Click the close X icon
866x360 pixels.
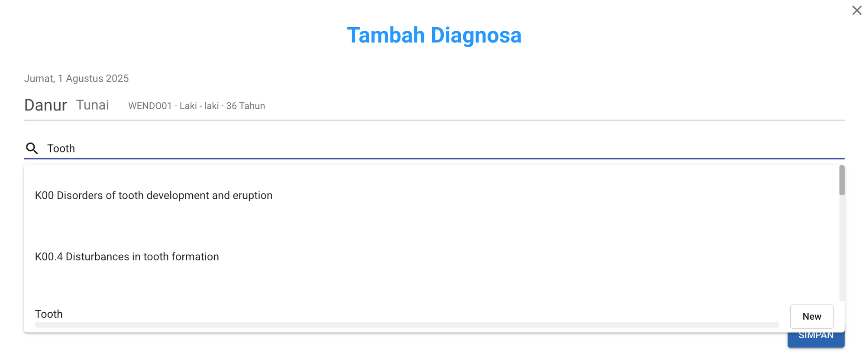pos(856,10)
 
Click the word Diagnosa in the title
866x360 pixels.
pos(476,35)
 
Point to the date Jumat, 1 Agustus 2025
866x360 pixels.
pos(76,78)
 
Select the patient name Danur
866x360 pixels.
pos(45,105)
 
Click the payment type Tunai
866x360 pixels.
pos(93,105)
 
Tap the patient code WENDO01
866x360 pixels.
pos(150,106)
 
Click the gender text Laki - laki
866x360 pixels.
pos(199,106)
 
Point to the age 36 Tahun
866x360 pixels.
pos(246,106)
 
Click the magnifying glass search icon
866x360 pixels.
pos(32,149)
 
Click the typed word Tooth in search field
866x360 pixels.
pos(61,149)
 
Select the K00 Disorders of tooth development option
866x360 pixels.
pos(154,195)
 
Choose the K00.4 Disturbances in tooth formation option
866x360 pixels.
pos(127,256)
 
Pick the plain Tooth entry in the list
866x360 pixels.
pos(49,314)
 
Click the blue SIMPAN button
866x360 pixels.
pos(816,340)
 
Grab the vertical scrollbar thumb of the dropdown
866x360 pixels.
pos(842,180)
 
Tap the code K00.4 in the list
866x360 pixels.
pos(49,256)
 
